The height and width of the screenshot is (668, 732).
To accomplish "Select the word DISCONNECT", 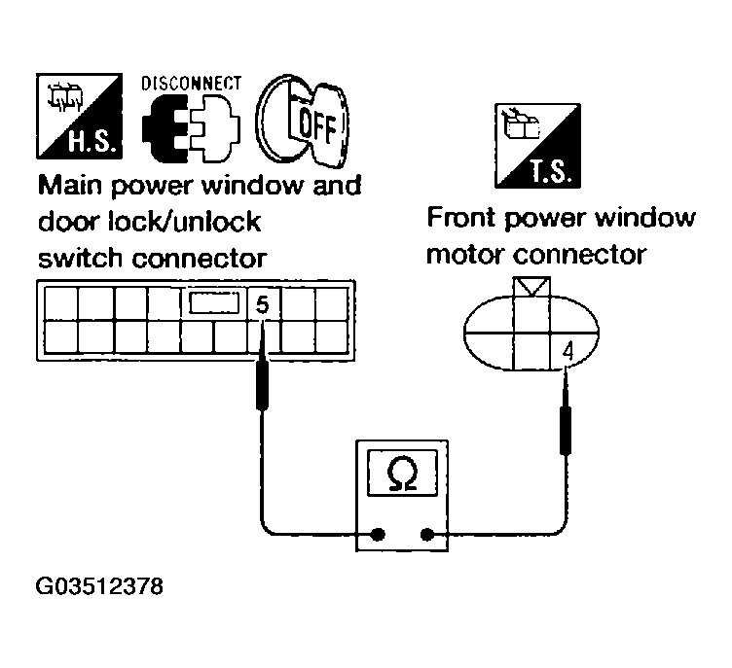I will click(x=192, y=85).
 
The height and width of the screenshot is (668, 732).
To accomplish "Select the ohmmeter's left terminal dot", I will click(x=378, y=534).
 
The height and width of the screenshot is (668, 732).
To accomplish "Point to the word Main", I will click(x=72, y=185).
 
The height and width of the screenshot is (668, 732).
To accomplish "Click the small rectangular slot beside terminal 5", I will click(x=214, y=303).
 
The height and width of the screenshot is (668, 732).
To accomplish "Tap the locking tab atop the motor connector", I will click(x=531, y=287).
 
